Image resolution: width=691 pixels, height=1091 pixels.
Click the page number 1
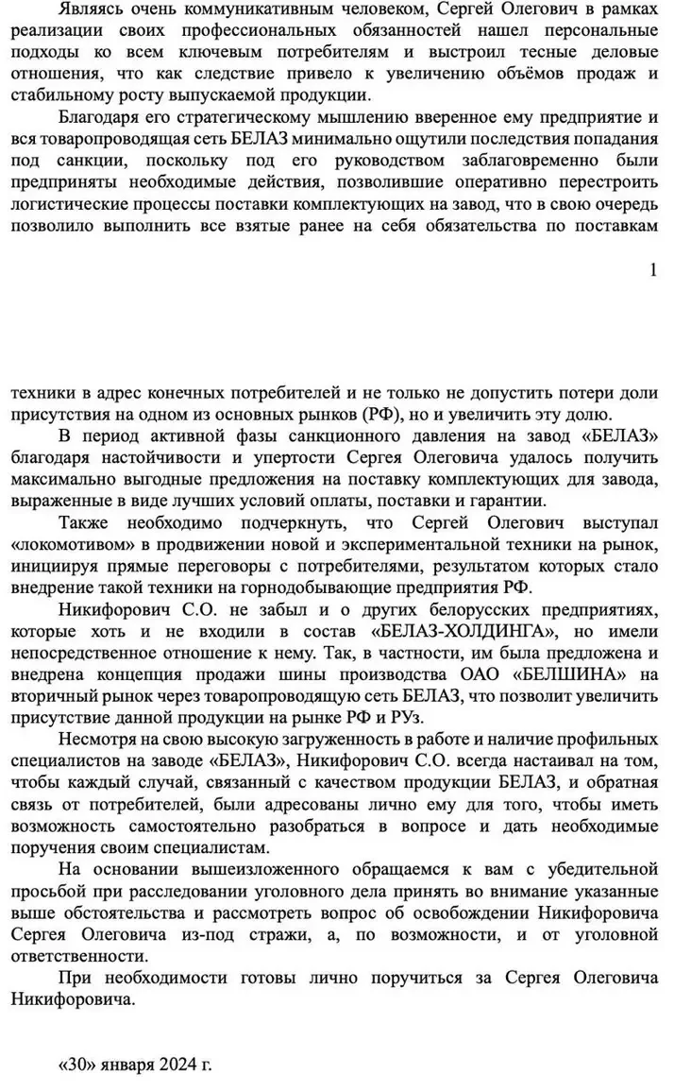tap(653, 270)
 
